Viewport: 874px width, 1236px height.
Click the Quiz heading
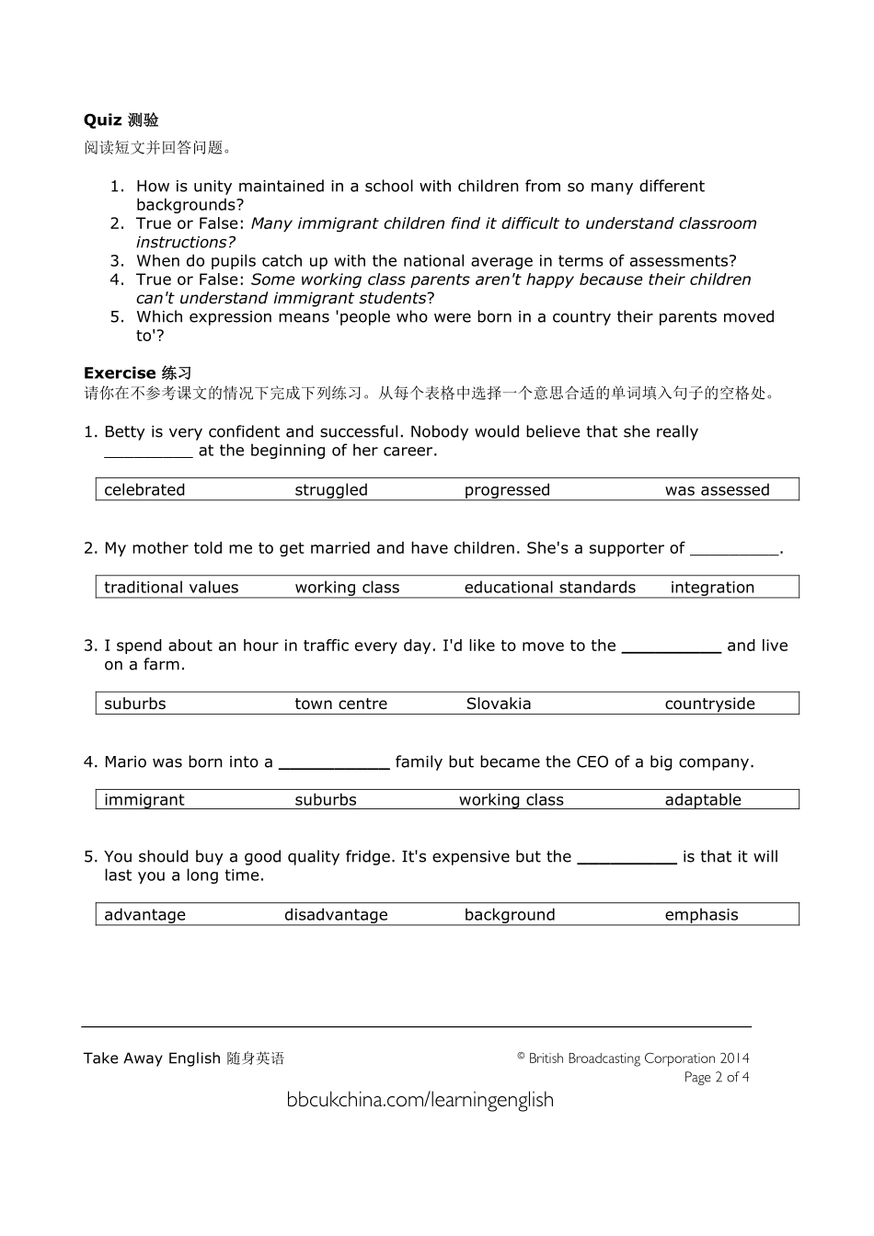[x=121, y=120]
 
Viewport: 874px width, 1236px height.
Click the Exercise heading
[x=137, y=372]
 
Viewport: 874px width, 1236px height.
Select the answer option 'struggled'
[x=330, y=490]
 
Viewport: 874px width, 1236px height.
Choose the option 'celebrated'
[x=144, y=490]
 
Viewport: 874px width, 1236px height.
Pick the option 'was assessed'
[x=717, y=490]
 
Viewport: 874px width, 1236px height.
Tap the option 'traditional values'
[x=171, y=588]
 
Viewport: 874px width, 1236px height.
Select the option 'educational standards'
[x=549, y=588]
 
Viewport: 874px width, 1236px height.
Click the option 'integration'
[x=711, y=588]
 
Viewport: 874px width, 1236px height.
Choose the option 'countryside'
[x=709, y=704]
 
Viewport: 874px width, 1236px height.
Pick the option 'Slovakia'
[x=498, y=704]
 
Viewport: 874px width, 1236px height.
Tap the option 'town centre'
[x=340, y=704]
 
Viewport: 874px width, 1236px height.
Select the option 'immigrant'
[x=144, y=800]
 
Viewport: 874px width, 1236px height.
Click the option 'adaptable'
[x=702, y=800]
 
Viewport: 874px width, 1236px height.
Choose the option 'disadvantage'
[x=336, y=915]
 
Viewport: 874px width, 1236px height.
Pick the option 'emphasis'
[x=701, y=915]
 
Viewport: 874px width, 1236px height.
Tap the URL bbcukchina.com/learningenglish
[x=420, y=1100]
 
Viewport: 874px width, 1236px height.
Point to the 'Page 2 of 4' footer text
[x=716, y=1077]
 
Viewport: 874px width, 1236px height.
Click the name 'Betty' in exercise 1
[x=124, y=432]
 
